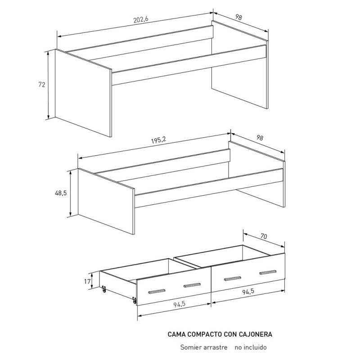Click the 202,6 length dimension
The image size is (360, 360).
(x=141, y=19)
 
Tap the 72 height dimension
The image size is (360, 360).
(x=41, y=85)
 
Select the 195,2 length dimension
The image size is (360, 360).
(x=158, y=140)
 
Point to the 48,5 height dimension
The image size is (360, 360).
(x=61, y=193)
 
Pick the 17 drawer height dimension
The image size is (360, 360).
(x=87, y=281)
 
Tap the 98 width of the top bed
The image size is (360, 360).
(x=239, y=17)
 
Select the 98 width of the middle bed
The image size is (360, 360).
(x=260, y=138)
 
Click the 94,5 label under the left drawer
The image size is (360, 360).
(x=179, y=304)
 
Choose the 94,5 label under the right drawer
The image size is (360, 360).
(x=248, y=292)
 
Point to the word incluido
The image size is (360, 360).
(x=256, y=347)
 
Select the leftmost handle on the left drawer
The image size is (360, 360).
(x=157, y=291)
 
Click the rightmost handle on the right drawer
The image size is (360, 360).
(x=268, y=272)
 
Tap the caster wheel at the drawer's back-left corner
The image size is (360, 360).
(x=104, y=289)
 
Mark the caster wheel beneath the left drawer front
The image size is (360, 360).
(x=134, y=300)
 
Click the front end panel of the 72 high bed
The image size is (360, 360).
(x=83, y=93)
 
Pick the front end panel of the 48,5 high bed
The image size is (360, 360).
(x=106, y=201)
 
